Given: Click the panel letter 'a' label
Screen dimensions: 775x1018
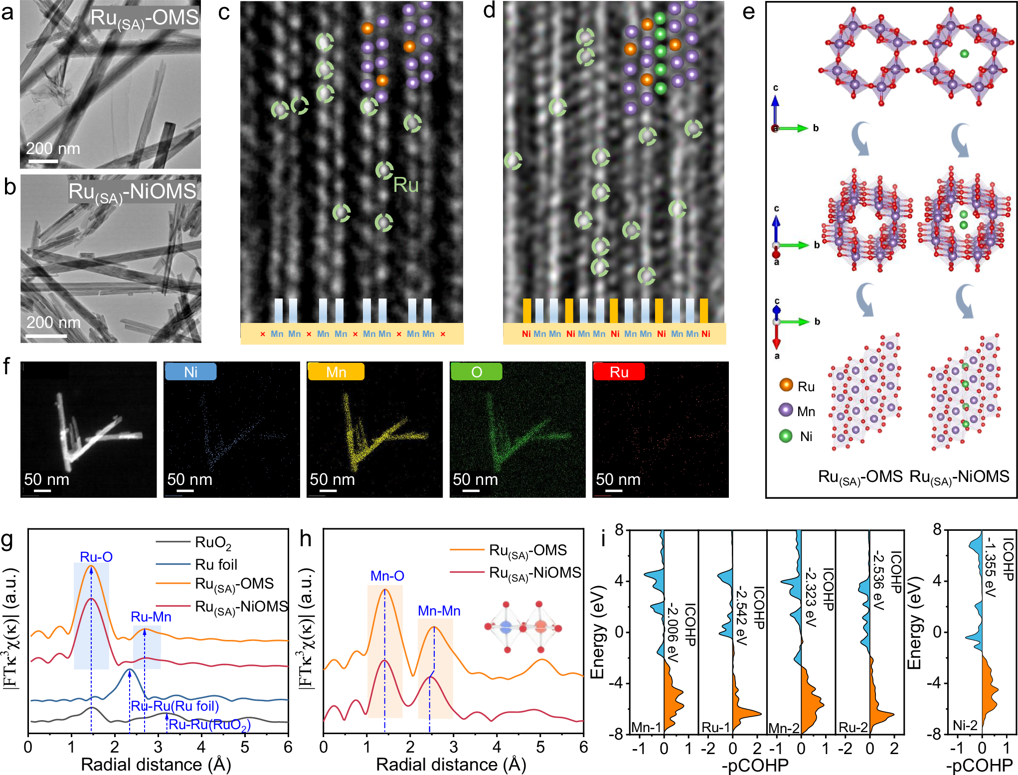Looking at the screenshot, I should click(7, 12).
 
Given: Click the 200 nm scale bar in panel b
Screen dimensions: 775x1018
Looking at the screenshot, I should click(46, 336).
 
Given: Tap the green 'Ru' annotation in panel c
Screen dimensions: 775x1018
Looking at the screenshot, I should click(405, 185).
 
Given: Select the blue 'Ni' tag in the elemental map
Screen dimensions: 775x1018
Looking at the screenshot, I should click(190, 372).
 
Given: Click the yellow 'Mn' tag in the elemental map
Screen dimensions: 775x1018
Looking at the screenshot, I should click(336, 372).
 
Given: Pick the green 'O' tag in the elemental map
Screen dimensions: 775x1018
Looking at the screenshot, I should click(476, 372).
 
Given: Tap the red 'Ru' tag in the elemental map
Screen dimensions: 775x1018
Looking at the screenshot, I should click(619, 372).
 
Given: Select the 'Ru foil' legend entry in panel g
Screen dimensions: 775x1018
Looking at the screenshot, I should click(215, 565).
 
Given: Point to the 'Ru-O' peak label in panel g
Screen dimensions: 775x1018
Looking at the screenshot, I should click(96, 557).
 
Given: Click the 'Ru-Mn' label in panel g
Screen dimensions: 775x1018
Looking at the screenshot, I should click(151, 617).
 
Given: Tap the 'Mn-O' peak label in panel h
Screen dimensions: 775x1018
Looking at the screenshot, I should click(387, 576).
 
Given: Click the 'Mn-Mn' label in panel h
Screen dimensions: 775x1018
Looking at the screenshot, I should click(439, 611).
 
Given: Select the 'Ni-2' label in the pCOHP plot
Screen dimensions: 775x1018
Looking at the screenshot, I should click(965, 725).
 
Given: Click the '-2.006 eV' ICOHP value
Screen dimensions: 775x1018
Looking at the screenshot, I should click(673, 632).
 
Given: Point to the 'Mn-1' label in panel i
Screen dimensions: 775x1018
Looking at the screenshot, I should click(646, 727).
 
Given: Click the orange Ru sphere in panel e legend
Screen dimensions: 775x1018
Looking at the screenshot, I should click(786, 385).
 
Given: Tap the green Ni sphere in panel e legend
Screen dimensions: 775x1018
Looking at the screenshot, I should click(786, 436).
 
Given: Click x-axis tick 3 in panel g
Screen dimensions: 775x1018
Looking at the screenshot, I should click(158, 747).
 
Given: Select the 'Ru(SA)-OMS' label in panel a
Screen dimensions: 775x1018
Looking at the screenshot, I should click(144, 18).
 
